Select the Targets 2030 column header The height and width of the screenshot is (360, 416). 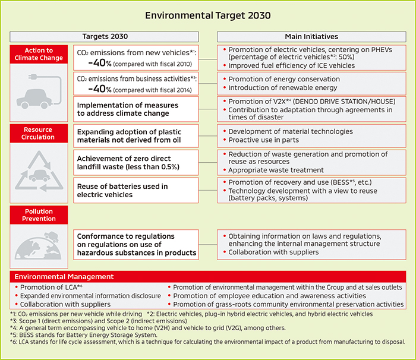click(105, 37)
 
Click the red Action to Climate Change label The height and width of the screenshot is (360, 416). click(39, 54)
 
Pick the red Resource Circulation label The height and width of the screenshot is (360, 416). click(39, 133)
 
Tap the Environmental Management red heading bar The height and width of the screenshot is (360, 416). click(208, 277)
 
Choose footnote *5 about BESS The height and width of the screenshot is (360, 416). click(83, 334)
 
